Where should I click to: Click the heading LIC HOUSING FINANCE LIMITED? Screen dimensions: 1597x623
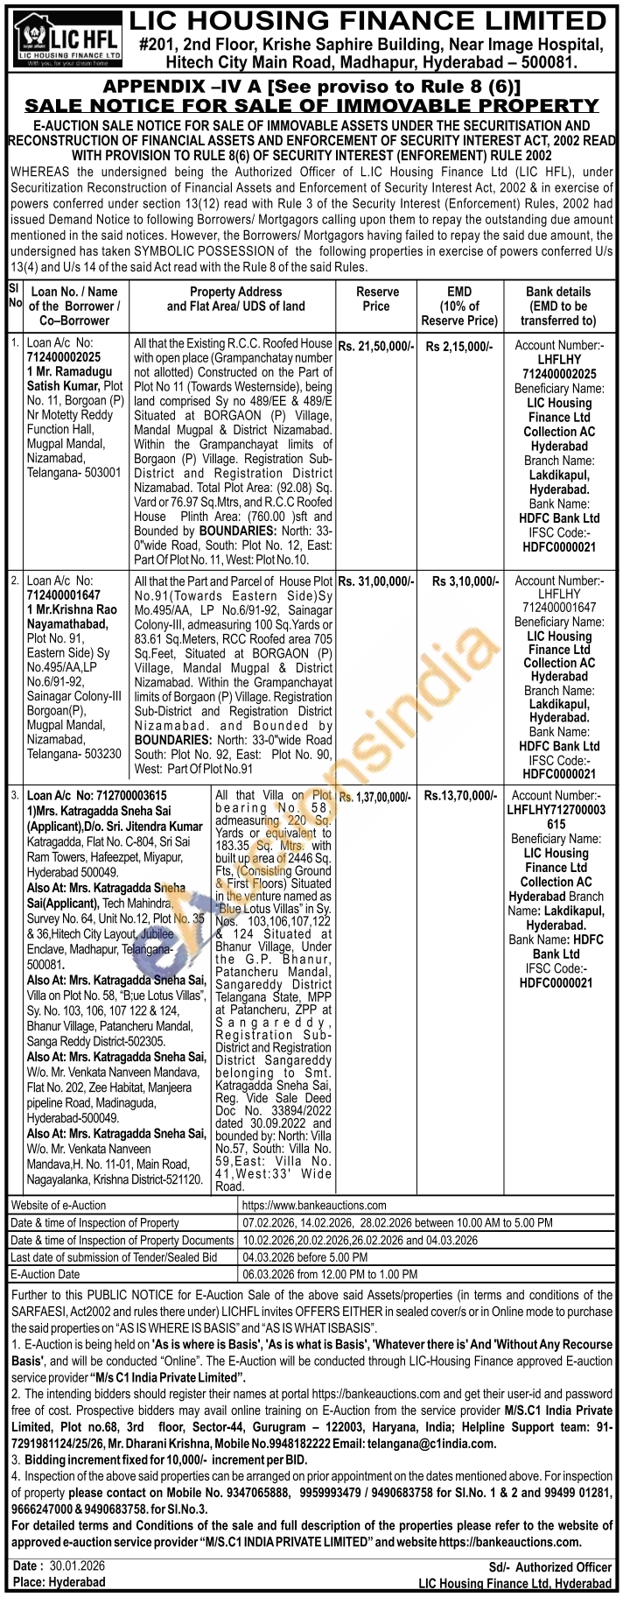(x=371, y=18)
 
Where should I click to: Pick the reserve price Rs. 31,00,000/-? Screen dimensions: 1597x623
(x=375, y=580)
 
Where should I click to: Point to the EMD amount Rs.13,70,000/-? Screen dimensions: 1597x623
(x=460, y=796)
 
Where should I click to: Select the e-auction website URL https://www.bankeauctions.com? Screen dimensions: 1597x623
(x=314, y=1205)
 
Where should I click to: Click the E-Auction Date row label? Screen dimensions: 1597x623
(x=45, y=1274)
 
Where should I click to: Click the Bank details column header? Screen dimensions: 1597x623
(x=557, y=306)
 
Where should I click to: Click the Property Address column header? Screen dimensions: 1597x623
(x=235, y=299)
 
